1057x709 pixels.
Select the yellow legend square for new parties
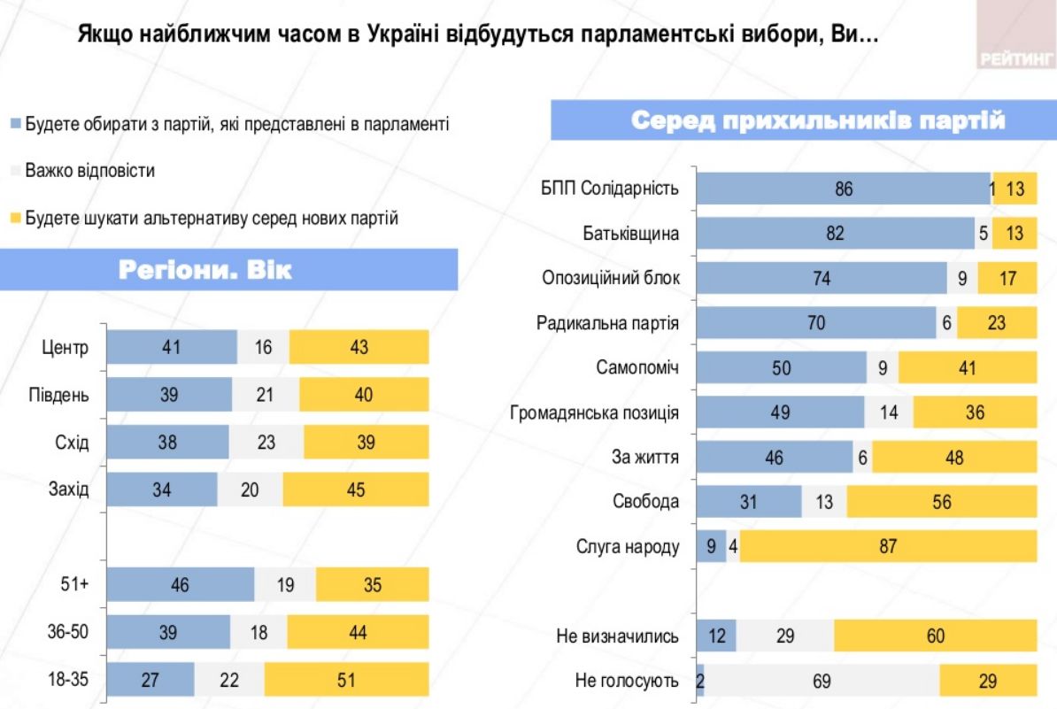pyautogui.click(x=15, y=218)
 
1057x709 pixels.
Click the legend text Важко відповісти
pyautogui.click(x=90, y=171)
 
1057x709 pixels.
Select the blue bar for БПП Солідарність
pyautogui.click(x=843, y=189)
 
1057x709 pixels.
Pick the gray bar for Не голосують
pyautogui.click(x=822, y=681)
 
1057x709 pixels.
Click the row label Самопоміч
pyautogui.click(x=638, y=367)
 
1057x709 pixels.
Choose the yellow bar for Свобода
pyautogui.click(x=941, y=502)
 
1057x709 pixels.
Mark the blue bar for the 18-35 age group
pyautogui.click(x=150, y=680)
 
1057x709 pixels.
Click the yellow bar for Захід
pyautogui.click(x=356, y=489)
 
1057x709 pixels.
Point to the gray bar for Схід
pyautogui.click(x=266, y=442)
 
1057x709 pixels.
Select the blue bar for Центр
pyautogui.click(x=172, y=347)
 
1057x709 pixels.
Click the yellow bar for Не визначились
pyautogui.click(x=935, y=636)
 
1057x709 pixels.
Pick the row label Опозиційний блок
pyautogui.click(x=611, y=278)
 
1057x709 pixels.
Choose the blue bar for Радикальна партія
pyautogui.click(x=816, y=323)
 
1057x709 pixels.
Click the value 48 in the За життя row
pyautogui.click(x=953, y=458)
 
